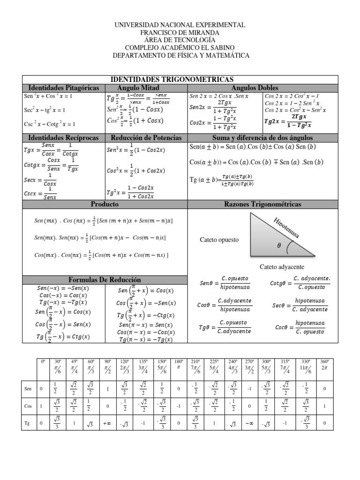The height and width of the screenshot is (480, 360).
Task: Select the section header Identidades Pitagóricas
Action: (64, 88)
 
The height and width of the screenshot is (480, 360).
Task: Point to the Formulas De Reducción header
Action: (105, 280)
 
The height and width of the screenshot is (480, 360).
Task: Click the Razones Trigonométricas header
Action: (262, 204)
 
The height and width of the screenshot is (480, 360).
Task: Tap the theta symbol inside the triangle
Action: (279, 245)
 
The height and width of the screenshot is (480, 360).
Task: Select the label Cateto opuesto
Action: (219, 240)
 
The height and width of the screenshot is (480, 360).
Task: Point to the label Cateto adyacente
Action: (282, 267)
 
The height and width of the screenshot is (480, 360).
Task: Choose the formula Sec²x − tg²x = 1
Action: (44, 110)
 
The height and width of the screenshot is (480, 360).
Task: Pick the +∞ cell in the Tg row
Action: (107, 423)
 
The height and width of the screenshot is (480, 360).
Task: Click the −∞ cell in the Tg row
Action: (249, 423)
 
